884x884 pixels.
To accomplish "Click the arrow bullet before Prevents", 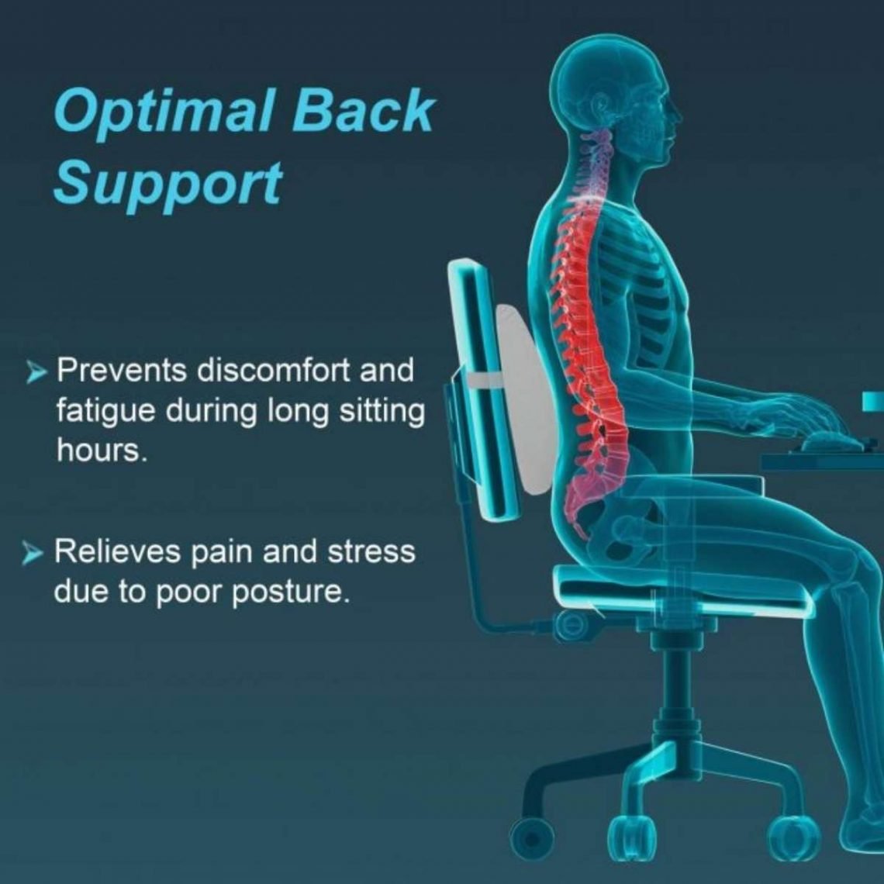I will (x=36, y=374).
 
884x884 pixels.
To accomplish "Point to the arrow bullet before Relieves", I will (x=33, y=554).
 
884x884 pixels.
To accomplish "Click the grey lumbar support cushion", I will (x=527, y=395).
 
